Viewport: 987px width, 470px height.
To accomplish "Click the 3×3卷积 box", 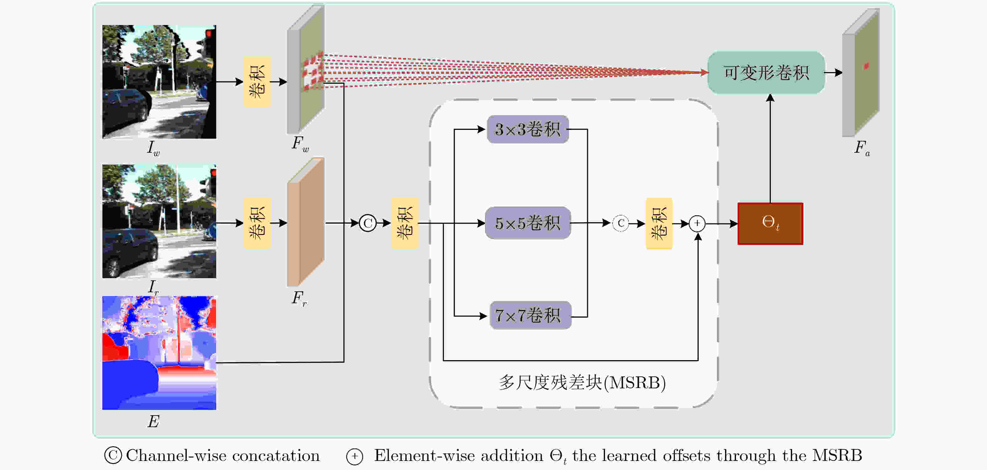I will click(528, 129).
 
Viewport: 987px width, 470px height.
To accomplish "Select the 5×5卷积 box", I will click(528, 223).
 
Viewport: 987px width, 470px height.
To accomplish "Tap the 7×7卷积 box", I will click(530, 315).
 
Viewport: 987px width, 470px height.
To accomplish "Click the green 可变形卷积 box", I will click(766, 73).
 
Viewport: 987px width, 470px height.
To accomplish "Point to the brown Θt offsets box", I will click(770, 223).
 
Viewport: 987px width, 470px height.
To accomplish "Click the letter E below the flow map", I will click(153, 421).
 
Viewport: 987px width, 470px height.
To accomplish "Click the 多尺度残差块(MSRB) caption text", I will click(582, 383).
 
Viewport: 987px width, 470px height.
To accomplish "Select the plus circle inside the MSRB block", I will click(697, 223).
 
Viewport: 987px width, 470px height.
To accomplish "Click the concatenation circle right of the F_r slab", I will click(368, 223).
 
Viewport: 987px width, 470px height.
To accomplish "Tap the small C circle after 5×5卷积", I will click(621, 223).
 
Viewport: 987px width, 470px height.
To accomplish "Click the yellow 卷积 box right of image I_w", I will click(257, 82).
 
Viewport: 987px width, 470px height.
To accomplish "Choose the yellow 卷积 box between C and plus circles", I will click(659, 223).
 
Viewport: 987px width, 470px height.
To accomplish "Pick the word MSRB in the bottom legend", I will click(837, 456).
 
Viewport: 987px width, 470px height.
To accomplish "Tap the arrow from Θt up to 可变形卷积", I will click(770, 149).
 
